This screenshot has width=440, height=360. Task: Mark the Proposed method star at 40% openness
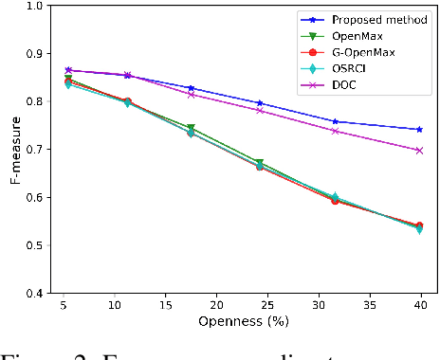pyautogui.click(x=419, y=129)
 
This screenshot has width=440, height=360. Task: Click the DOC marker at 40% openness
pyautogui.click(x=419, y=150)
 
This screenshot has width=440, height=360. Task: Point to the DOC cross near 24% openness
pyautogui.click(x=260, y=110)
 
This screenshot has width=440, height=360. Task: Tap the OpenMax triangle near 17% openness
pyautogui.click(x=191, y=128)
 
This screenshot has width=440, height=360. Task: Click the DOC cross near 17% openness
pyautogui.click(x=191, y=94)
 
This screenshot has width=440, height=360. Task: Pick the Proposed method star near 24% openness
pyautogui.click(x=260, y=102)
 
